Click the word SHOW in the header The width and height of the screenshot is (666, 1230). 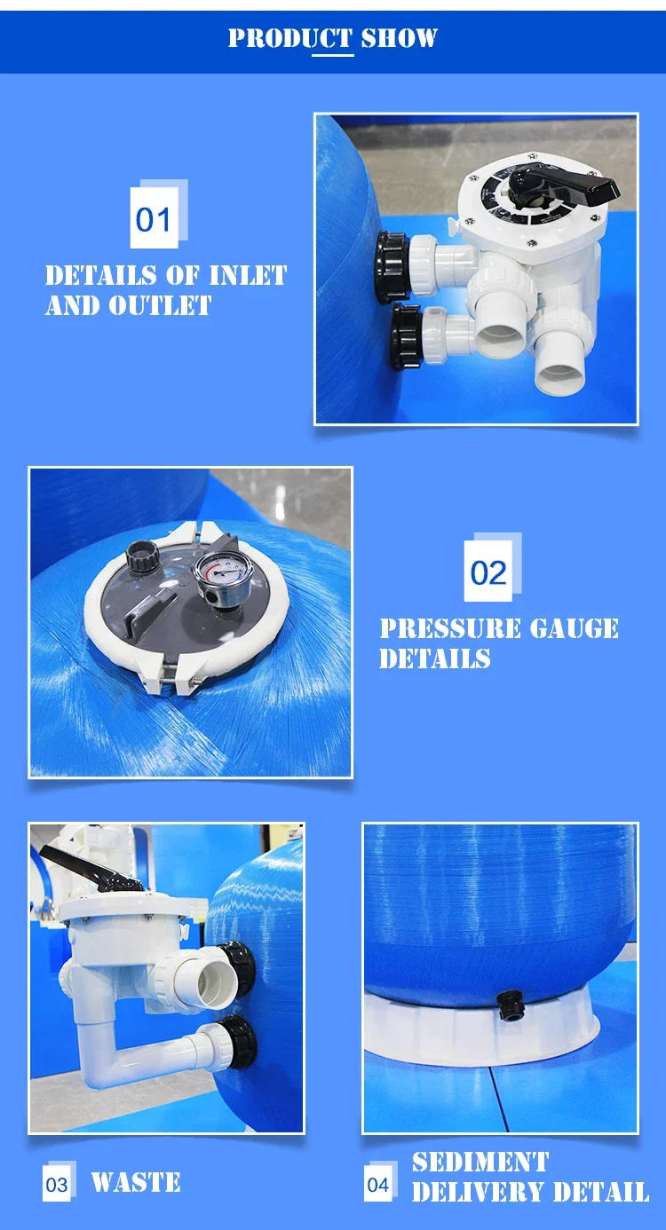(399, 38)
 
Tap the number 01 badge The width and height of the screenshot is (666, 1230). (154, 218)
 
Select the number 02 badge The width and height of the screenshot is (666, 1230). (488, 572)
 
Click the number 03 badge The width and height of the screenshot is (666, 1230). (57, 1185)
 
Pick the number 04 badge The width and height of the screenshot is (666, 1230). (378, 1185)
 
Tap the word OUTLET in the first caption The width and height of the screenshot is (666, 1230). (160, 306)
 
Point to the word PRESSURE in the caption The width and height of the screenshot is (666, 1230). (450, 629)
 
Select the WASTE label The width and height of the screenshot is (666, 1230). (135, 1183)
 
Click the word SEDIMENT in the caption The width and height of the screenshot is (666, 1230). (480, 1162)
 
